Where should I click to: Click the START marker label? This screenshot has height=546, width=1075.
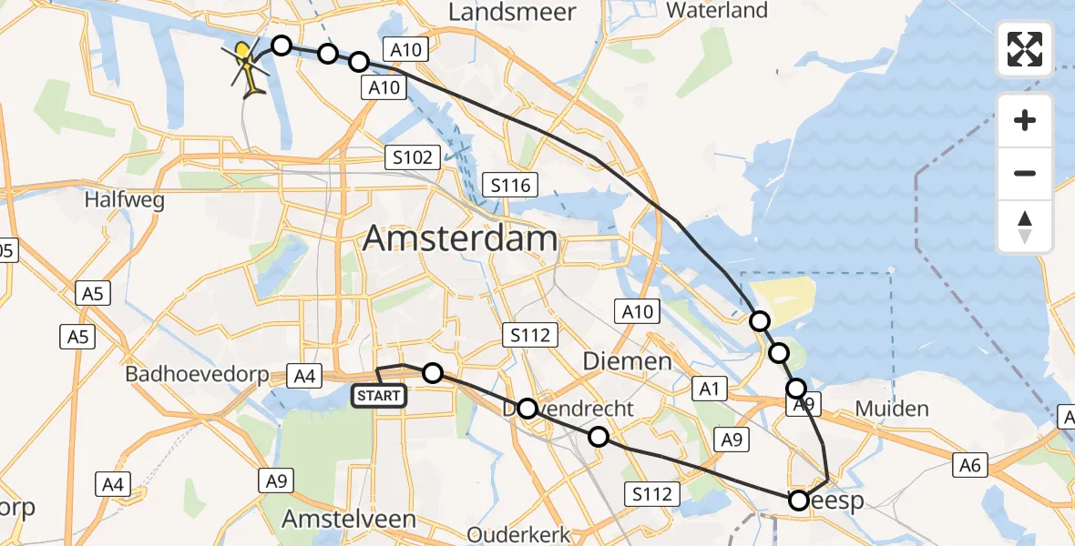(378, 396)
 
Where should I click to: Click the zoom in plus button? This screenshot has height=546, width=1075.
(1025, 120)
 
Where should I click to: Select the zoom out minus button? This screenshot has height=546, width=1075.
(1025, 173)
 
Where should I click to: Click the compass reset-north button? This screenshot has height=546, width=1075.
(1025, 227)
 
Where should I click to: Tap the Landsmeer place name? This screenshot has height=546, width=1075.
(513, 13)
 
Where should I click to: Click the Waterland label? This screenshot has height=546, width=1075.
(717, 11)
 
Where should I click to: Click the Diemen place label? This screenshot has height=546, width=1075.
(627, 362)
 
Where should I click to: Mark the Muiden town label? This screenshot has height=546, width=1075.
(891, 409)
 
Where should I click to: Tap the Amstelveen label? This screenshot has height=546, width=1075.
(349, 520)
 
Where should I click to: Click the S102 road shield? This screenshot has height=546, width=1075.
(413, 157)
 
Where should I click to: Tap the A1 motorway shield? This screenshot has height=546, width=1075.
(711, 389)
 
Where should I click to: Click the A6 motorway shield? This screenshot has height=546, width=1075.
(970, 465)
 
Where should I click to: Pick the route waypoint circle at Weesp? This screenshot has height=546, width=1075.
(799, 500)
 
